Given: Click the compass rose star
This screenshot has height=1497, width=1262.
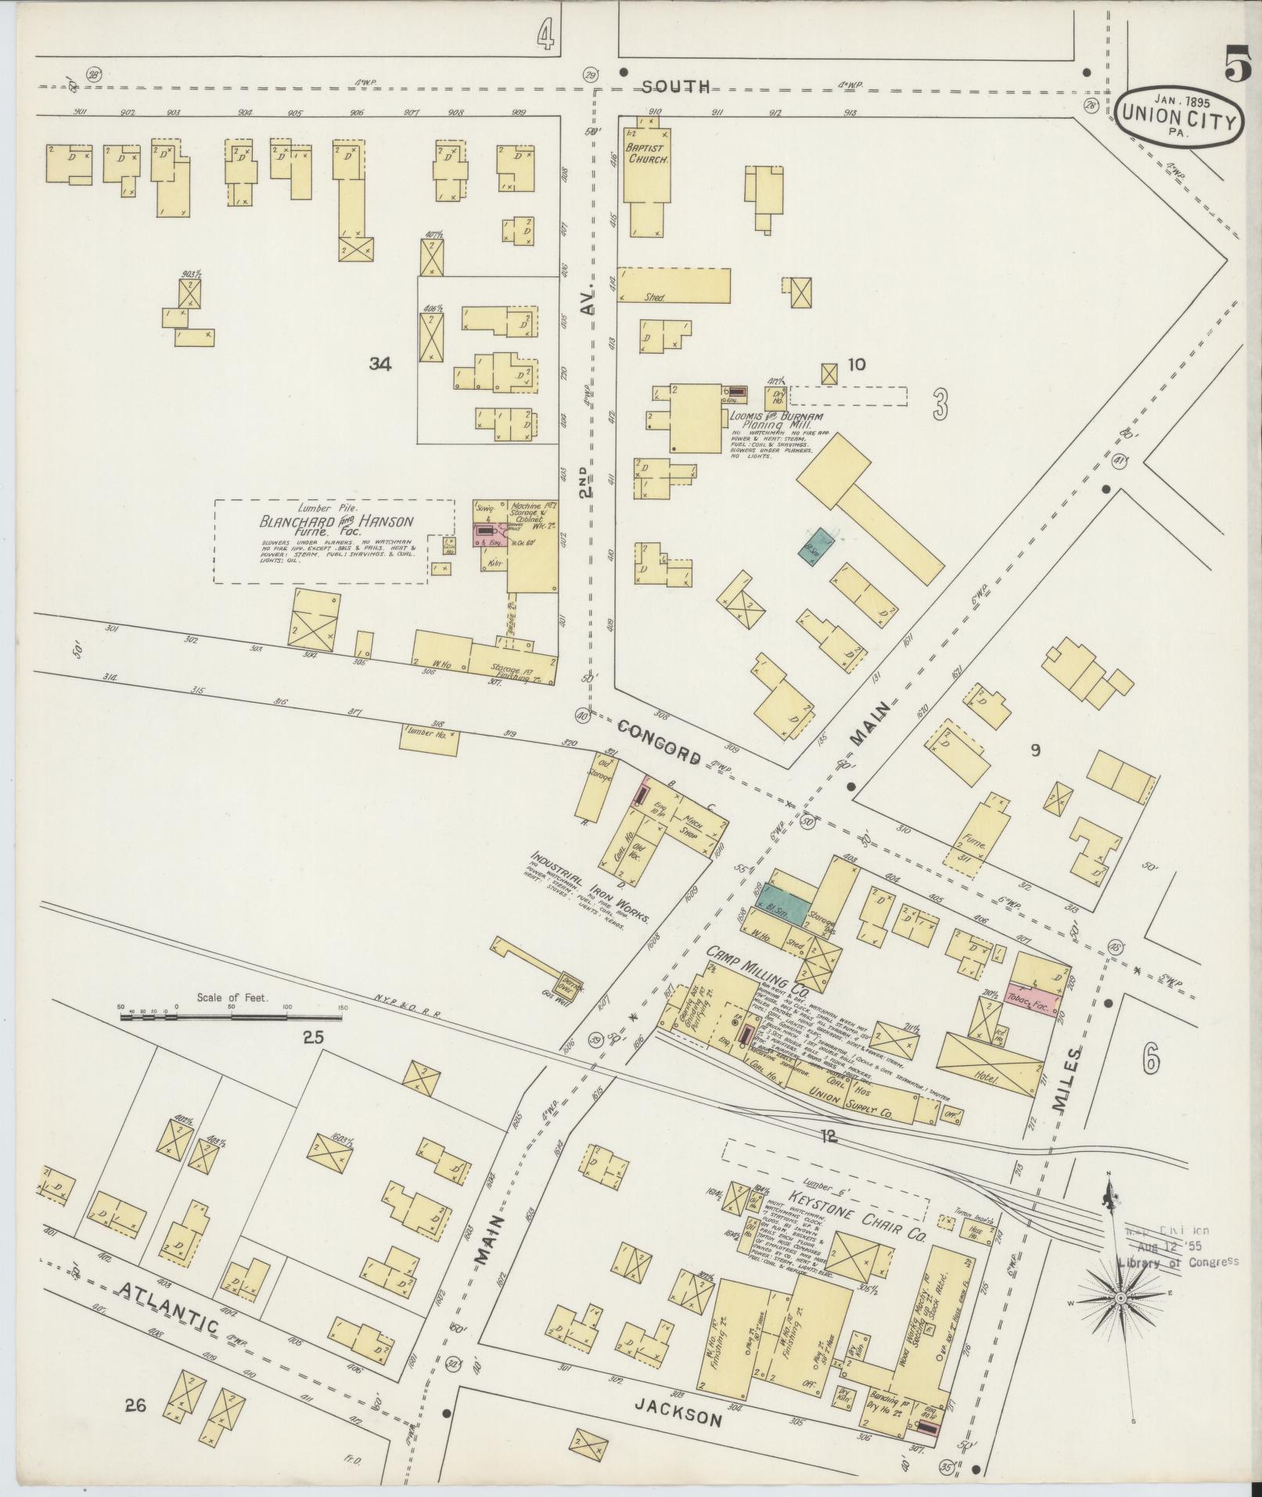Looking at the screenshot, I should pyautogui.click(x=1119, y=1297).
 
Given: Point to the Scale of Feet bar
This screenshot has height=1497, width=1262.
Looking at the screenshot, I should pyautogui.click(x=232, y=1017).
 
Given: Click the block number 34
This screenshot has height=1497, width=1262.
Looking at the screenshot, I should pyautogui.click(x=380, y=363).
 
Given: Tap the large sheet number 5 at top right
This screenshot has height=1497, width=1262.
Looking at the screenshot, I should pyautogui.click(x=1235, y=64).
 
